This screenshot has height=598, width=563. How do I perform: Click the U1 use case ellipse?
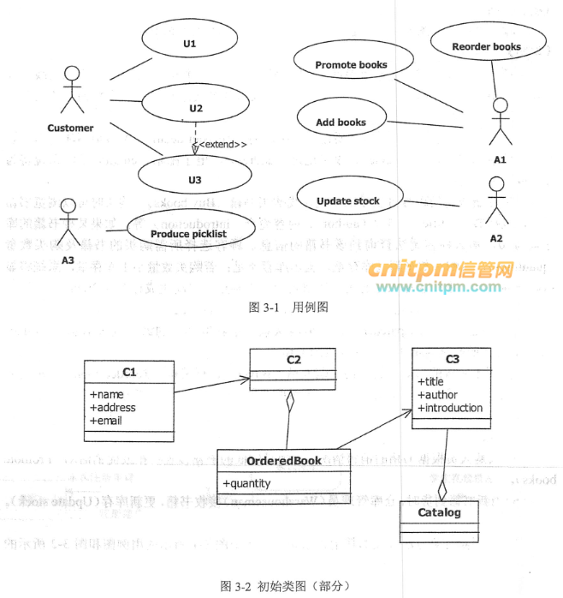coord(190,43)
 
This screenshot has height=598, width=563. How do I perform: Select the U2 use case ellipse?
coord(196,108)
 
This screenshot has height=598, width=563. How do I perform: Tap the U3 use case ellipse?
coord(195,179)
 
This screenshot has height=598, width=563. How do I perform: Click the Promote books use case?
coord(351,64)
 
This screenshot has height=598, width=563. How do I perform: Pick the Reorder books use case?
coord(486,46)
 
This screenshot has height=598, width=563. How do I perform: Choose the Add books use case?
coord(341,122)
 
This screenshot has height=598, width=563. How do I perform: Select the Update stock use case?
coord(348,201)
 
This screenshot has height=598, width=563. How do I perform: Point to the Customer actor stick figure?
coord(72,89)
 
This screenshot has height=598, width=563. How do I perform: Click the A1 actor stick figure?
coord(500,123)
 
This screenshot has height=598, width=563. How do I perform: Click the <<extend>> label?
coord(223,145)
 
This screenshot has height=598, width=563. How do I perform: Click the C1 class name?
coord(129,371)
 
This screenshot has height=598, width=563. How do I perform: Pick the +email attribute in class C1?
coord(107,420)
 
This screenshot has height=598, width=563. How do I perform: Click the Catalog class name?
coord(439,512)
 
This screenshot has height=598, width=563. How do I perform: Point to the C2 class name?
coord(293,359)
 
